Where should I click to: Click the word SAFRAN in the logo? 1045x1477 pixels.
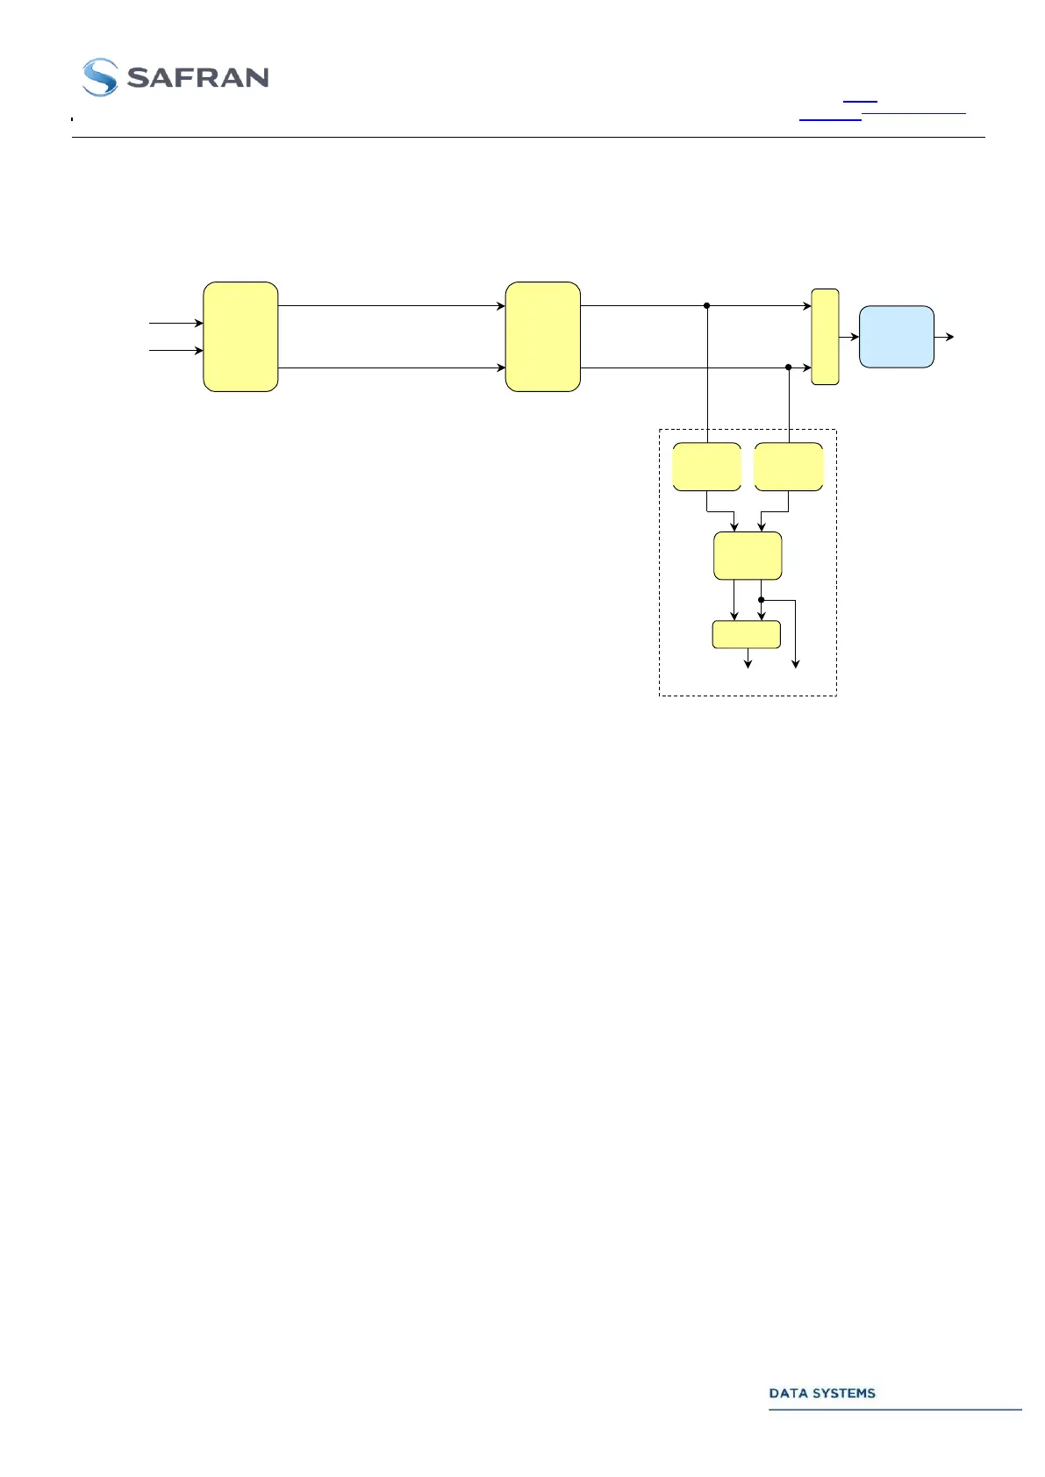click(197, 78)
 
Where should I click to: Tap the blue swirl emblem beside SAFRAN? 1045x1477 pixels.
click(100, 77)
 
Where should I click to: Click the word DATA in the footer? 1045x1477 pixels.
click(787, 1393)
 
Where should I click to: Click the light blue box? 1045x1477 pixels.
click(896, 337)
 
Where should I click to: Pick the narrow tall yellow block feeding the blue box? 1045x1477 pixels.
click(825, 337)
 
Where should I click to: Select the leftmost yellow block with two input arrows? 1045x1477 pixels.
click(240, 337)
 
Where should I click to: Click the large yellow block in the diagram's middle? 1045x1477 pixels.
click(543, 337)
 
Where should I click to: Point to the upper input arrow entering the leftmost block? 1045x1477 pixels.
click(176, 324)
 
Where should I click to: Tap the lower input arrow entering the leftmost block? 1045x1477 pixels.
click(176, 351)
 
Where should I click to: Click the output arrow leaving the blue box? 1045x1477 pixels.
click(945, 337)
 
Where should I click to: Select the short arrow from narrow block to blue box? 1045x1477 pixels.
click(849, 337)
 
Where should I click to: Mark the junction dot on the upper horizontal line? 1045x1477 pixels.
click(706, 306)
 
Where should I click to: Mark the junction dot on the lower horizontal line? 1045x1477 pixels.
click(788, 367)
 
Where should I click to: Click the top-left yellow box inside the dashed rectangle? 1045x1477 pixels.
click(706, 467)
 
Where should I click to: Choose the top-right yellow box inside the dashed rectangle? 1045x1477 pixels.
click(788, 467)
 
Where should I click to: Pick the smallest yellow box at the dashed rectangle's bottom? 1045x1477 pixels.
click(746, 634)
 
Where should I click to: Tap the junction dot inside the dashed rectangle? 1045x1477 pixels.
click(762, 601)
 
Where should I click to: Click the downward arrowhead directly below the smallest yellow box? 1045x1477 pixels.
click(748, 664)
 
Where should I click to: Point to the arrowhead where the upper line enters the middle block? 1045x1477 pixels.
click(501, 306)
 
